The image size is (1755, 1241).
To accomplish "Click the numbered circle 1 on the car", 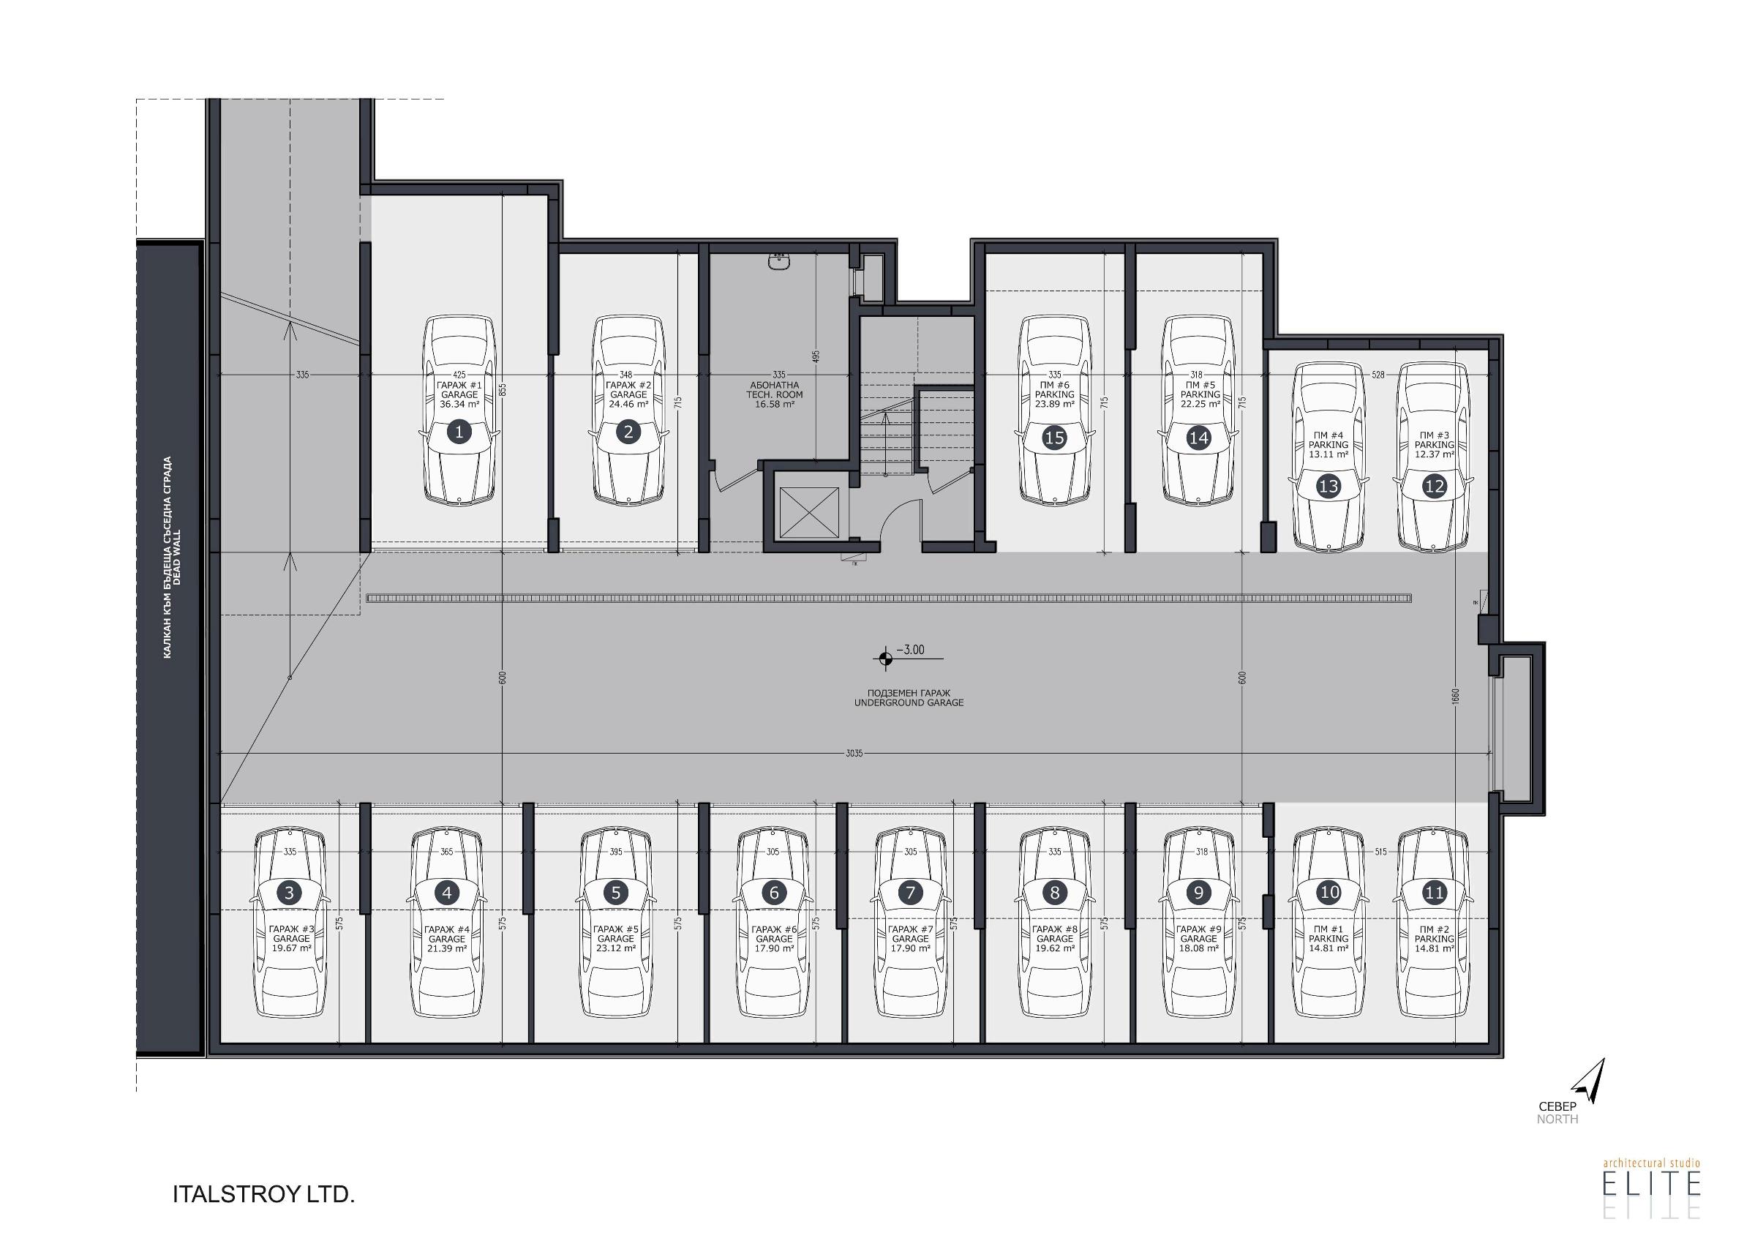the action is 459,432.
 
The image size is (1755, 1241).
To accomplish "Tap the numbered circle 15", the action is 1054,438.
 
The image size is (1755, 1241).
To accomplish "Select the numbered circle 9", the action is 1198,892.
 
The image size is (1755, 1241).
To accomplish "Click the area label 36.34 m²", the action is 459,405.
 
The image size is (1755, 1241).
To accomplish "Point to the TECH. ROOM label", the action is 774,394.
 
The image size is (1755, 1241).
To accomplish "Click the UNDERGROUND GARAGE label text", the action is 909,702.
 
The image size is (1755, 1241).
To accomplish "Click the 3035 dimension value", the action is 854,753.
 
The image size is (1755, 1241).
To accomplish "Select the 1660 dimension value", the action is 1455,697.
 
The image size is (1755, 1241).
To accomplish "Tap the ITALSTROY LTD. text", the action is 263,1194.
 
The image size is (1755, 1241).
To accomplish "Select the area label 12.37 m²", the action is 1434,454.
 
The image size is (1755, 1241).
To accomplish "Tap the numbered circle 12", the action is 1434,486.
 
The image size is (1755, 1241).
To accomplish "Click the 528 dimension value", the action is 1378,375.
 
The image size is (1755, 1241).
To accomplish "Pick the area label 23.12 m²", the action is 615,948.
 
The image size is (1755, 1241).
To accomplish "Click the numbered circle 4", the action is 446,892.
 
